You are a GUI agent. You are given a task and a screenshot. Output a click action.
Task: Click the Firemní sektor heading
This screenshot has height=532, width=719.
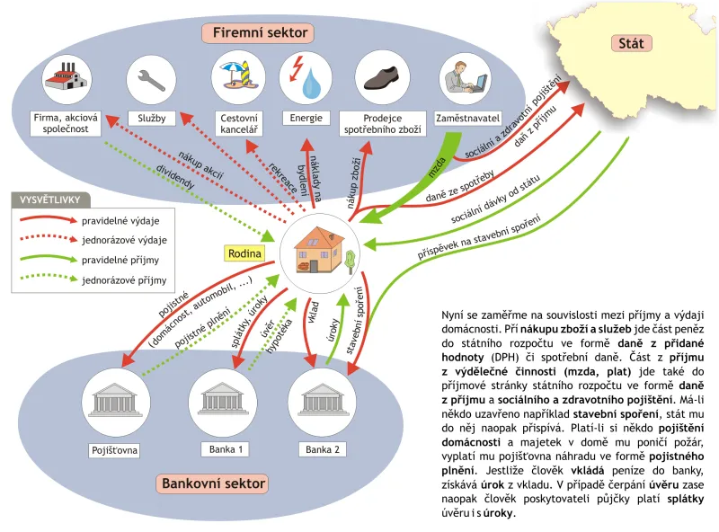pos(260,32)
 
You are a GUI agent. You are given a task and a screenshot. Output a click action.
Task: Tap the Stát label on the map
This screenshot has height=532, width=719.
pos(631,43)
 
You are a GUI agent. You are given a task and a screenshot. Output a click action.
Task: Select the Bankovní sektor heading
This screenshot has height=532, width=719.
pos(213,483)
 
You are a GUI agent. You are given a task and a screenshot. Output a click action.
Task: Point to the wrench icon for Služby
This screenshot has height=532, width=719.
pos(151,80)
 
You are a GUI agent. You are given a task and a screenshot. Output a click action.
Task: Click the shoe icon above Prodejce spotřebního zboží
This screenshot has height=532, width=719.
pos(382,78)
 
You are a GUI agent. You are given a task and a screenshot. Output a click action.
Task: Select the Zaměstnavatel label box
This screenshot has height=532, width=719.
pos(467,119)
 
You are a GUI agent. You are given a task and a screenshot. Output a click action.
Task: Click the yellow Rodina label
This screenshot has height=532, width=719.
pos(244,253)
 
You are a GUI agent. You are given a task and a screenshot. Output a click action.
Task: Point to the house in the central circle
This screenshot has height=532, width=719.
pos(320,250)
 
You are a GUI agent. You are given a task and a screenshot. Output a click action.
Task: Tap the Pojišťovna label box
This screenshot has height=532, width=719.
pos(115,450)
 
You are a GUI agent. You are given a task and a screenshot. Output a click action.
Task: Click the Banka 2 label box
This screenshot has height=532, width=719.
pos(323,449)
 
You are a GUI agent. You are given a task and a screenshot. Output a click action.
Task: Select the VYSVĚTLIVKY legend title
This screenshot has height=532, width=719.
pos(50,200)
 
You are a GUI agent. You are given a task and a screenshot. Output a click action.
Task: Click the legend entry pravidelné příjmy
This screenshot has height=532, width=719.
pos(120,260)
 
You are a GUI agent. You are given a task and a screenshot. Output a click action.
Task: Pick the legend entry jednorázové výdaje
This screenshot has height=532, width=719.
pos(124,240)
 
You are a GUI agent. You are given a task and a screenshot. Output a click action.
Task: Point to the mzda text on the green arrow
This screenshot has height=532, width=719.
pos(437,167)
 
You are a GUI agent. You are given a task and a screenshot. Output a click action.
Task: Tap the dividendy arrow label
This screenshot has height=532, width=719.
pos(175,177)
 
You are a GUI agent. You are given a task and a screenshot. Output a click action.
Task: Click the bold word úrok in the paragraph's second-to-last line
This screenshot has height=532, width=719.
pos(492,484)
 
